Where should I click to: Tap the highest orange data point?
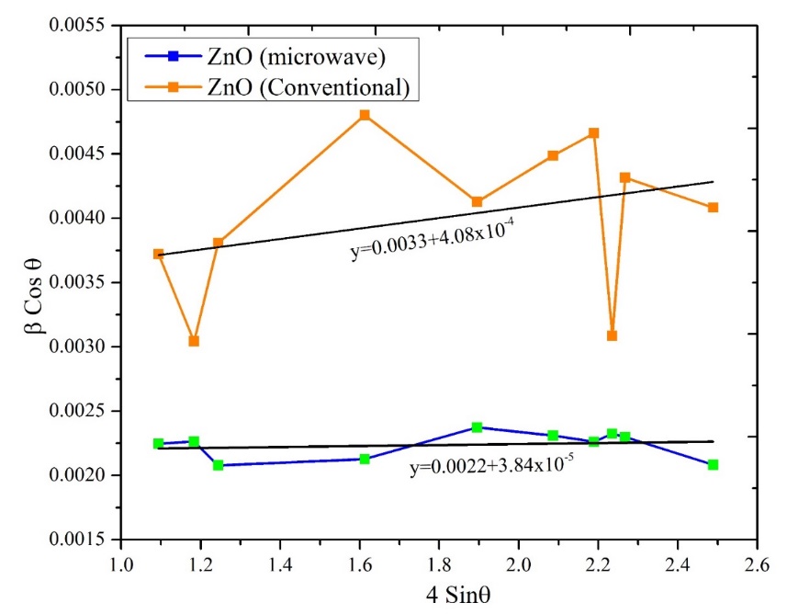(365, 115)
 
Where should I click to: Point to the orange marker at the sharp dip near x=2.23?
(612, 335)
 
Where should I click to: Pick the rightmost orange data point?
(713, 208)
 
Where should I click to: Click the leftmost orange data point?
(158, 254)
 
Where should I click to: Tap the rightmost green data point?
(713, 465)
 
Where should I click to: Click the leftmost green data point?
(158, 444)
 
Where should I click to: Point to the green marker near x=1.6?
(365, 459)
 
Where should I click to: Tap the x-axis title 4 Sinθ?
(437, 593)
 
